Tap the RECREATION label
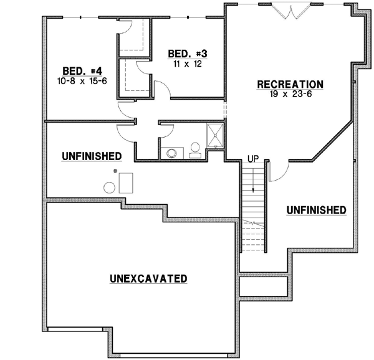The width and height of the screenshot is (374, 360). (290, 84)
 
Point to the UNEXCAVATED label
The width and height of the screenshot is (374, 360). (148, 278)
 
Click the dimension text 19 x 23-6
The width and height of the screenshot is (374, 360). (290, 93)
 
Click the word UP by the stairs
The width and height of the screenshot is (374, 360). (254, 158)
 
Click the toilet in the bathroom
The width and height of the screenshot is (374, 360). (194, 149)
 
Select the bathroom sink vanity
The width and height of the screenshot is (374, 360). (171, 151)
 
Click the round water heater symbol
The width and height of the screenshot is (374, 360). (109, 187)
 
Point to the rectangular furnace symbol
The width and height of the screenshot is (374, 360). (128, 182)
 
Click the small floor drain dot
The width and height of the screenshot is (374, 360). (115, 170)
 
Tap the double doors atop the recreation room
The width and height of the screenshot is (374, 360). (292, 11)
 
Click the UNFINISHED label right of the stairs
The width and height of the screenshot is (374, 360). (316, 210)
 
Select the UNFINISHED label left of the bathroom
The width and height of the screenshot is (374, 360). (91, 155)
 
